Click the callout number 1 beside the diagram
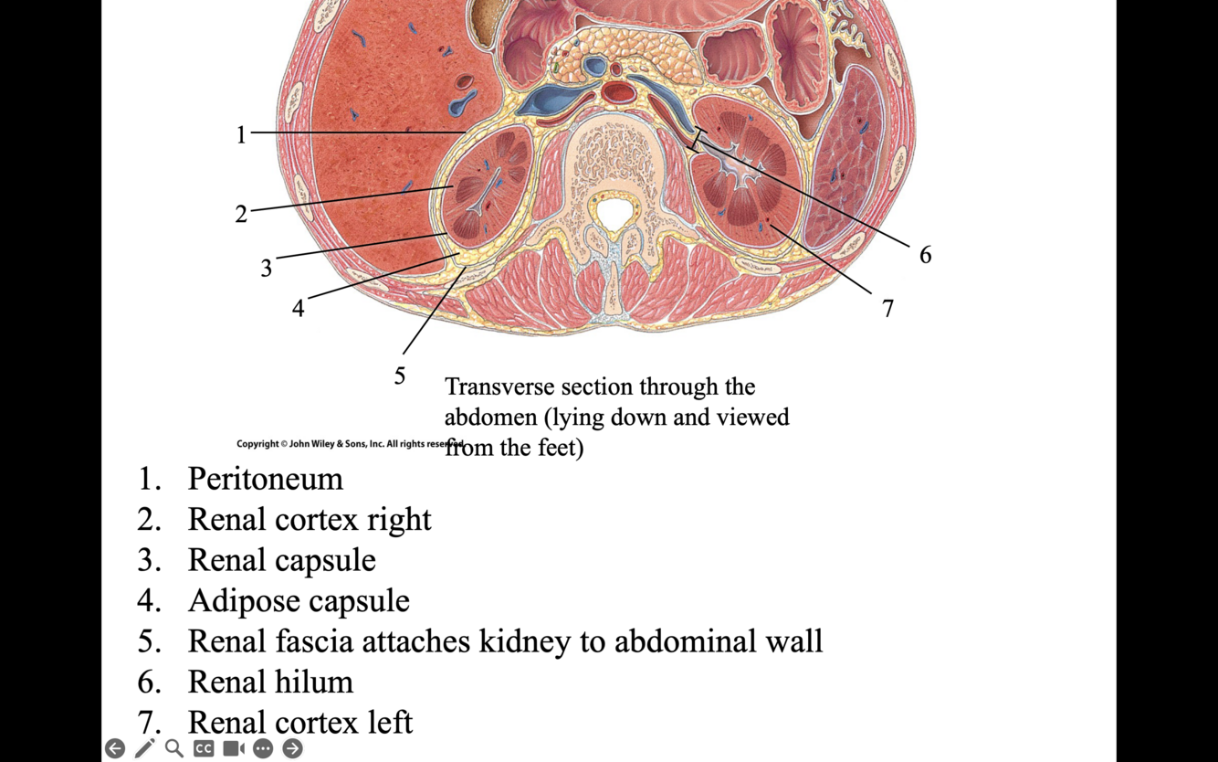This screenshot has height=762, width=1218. [241, 135]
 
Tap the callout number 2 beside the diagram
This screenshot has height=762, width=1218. [241, 214]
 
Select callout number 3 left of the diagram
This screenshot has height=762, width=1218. [266, 268]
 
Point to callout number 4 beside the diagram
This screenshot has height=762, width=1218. [298, 309]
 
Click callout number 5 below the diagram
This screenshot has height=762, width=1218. [400, 376]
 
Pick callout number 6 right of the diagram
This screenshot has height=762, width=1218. [925, 255]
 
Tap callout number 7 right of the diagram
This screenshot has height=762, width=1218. [887, 309]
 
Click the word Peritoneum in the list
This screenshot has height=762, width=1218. [265, 479]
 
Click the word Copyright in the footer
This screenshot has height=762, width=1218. [257, 444]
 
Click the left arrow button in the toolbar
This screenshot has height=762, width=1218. [115, 748]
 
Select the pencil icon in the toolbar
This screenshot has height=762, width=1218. [144, 748]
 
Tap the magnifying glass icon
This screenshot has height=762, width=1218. [173, 748]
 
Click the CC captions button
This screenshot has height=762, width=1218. [204, 748]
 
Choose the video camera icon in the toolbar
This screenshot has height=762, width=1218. [233, 748]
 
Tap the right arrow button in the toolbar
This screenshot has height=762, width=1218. [292, 748]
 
